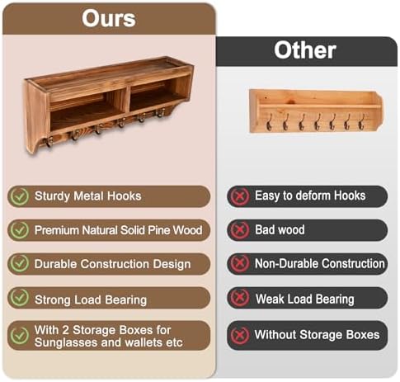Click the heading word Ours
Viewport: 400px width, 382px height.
(x=109, y=18)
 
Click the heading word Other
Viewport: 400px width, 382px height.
(x=305, y=50)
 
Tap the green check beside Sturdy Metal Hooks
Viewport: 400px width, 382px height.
(x=20, y=196)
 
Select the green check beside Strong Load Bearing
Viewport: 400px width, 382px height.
(x=20, y=298)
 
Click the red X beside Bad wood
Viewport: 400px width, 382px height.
(x=240, y=230)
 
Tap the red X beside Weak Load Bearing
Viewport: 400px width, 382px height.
(x=240, y=298)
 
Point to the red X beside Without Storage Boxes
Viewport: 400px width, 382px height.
(x=240, y=335)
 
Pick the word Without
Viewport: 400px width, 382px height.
(x=275, y=335)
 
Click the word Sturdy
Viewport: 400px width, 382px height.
(x=52, y=196)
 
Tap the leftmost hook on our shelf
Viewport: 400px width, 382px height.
(x=49, y=142)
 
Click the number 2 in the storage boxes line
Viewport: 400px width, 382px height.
(x=65, y=330)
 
